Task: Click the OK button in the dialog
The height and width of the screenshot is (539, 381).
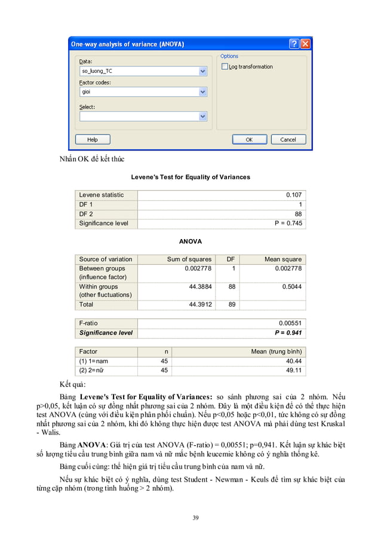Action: coord(249,139)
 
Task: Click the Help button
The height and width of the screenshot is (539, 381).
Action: coord(93,139)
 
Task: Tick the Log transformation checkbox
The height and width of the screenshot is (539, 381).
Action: coord(225,67)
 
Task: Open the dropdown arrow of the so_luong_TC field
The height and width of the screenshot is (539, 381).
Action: coord(202,71)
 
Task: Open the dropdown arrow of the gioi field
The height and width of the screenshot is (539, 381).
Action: coord(202,93)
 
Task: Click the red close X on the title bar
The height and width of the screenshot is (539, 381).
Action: coord(305,44)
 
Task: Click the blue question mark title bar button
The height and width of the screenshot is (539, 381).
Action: coord(294,44)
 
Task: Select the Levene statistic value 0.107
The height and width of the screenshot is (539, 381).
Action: coord(294,195)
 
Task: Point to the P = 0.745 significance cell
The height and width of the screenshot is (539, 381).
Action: coord(288,223)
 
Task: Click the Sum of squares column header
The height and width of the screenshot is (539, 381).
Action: coord(189,259)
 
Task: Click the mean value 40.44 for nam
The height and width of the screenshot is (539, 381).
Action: coord(294,362)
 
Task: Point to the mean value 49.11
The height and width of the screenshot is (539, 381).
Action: coord(294,370)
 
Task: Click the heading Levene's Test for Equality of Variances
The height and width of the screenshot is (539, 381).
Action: coord(190,177)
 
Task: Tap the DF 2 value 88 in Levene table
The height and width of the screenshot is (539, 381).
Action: coord(298,214)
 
